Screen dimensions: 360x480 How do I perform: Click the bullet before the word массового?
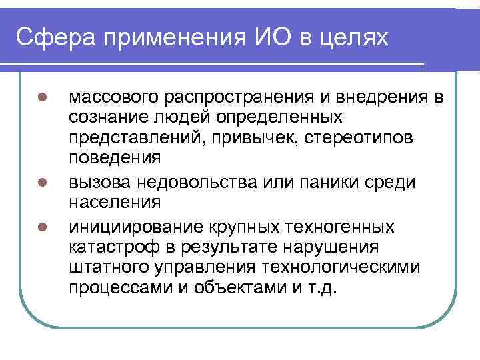[41, 97]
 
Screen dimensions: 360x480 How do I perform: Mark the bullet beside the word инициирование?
[41, 227]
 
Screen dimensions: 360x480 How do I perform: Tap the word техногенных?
[337, 227]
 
